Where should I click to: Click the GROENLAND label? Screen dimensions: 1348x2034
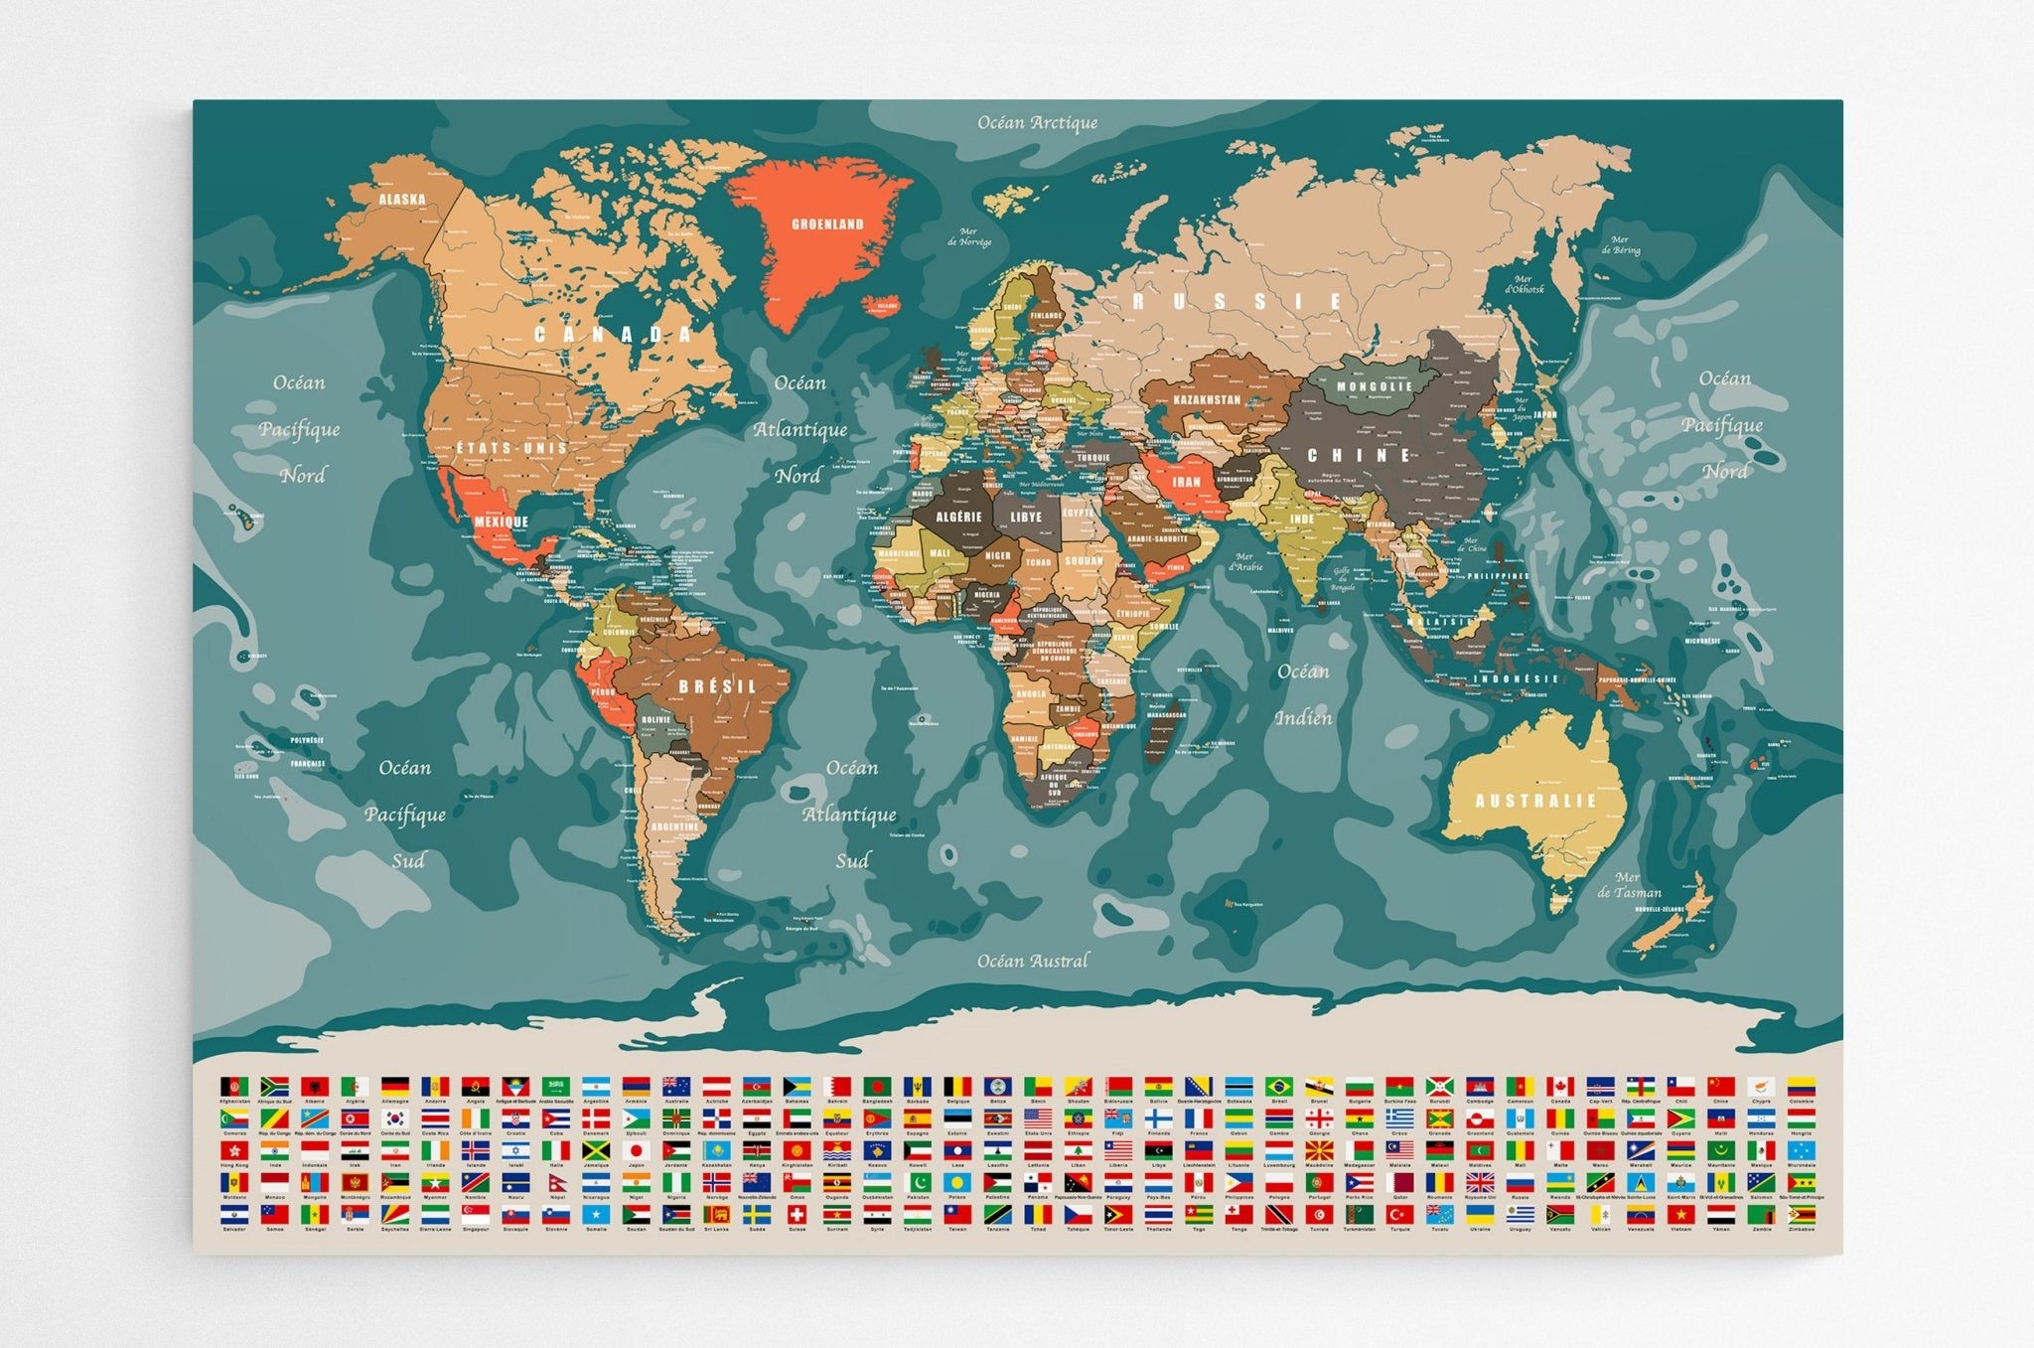tap(827, 225)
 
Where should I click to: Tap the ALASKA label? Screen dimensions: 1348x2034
tap(402, 199)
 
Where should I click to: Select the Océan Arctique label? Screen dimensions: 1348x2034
tap(1037, 122)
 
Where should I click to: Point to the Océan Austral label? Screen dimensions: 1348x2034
tap(1032, 961)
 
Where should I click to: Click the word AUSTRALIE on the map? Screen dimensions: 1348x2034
tap(1535, 801)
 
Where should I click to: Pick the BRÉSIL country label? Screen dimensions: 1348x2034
tap(718, 686)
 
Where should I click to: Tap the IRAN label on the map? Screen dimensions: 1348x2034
tap(1187, 482)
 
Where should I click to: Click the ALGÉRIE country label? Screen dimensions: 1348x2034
tap(958, 517)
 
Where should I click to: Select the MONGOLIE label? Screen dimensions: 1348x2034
tap(1375, 386)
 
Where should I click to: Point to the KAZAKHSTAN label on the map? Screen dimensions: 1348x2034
tap(1207, 399)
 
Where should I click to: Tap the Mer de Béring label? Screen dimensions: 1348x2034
tap(1621, 244)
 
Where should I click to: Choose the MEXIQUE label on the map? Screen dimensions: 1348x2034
tap(501, 522)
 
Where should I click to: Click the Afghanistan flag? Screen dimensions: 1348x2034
tap(233, 1086)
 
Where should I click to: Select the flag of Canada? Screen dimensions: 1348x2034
tap(1560, 1086)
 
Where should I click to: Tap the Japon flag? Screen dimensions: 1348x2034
tap(637, 1150)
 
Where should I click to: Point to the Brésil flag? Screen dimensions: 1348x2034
tap(1278, 1086)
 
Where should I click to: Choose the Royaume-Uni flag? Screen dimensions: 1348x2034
tap(1480, 1182)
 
